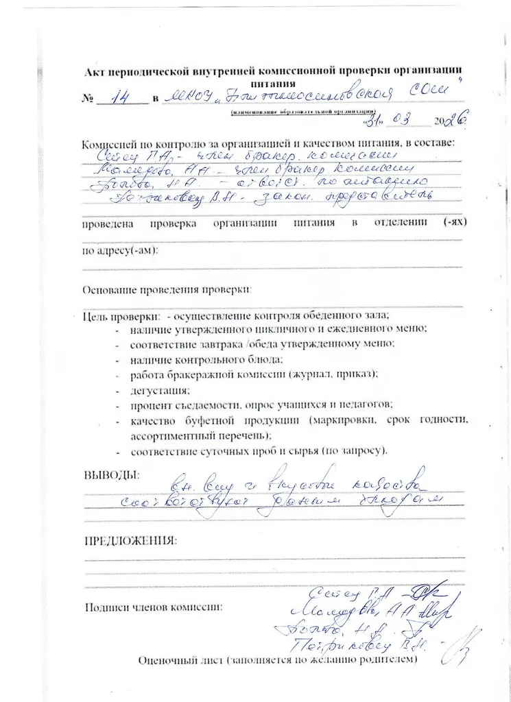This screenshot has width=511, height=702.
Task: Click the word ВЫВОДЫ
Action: pyautogui.click(x=110, y=474)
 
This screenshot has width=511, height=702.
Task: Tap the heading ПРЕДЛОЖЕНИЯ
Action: pyautogui.click(x=130, y=540)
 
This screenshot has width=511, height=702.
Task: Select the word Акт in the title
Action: pyautogui.click(x=94, y=70)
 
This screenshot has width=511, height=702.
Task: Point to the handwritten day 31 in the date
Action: pyautogui.click(x=372, y=121)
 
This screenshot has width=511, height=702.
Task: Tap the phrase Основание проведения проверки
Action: pyautogui.click(x=167, y=289)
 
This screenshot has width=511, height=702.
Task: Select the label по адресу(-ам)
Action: pyautogui.click(x=120, y=250)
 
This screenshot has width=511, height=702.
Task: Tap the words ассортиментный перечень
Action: pyautogui.click(x=200, y=435)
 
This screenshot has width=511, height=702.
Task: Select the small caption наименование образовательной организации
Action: pyautogui.click(x=303, y=110)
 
